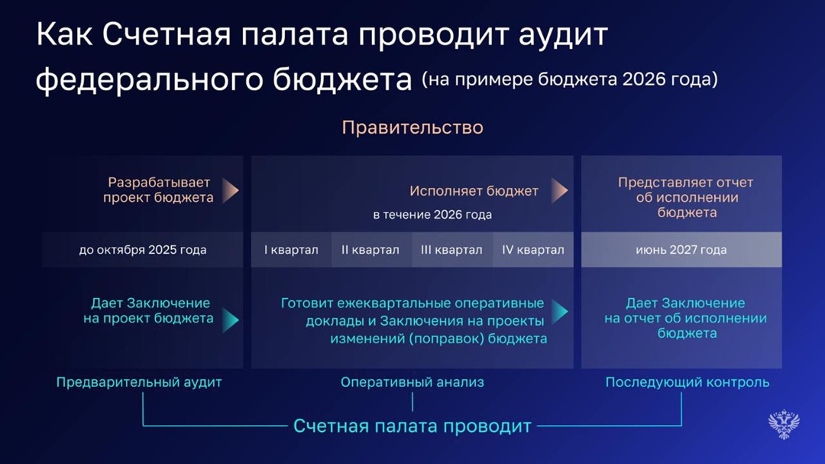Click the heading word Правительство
(x=412, y=127)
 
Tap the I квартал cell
(x=291, y=250)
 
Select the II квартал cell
(x=370, y=250)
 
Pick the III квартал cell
(x=451, y=250)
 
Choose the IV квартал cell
(x=533, y=250)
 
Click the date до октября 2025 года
(x=143, y=250)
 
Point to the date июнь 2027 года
(x=681, y=250)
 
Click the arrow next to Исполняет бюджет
(x=560, y=191)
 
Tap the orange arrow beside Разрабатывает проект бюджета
(x=231, y=190)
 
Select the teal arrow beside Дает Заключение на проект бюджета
(x=231, y=320)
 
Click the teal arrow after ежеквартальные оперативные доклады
(x=560, y=311)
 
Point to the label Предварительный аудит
(x=139, y=381)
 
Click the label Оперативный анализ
(x=412, y=381)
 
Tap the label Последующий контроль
(x=687, y=381)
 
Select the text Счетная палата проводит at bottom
(x=412, y=426)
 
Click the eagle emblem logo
(x=784, y=423)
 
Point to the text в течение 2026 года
(x=432, y=215)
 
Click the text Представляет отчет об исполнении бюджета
(x=686, y=197)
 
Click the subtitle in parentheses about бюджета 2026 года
(x=570, y=79)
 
